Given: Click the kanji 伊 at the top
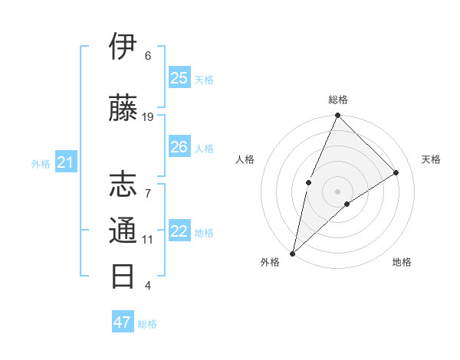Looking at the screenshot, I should [123, 47].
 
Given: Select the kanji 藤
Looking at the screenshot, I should [123, 108].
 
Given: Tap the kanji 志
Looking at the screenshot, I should [123, 185].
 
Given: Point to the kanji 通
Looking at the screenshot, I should [123, 231].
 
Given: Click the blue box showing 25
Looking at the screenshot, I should [179, 78].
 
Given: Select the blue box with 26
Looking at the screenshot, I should [179, 147].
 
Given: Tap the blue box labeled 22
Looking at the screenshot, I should [179, 231].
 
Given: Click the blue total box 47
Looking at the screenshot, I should [123, 322].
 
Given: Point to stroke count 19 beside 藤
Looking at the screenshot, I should [148, 116].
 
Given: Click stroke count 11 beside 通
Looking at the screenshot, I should [148, 239].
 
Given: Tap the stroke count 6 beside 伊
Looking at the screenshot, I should [148, 55].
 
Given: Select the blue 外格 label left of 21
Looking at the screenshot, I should [41, 163].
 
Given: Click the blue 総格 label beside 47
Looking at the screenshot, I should [147, 324].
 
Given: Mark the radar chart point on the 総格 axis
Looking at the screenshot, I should [337, 116].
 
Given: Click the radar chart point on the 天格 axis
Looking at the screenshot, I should [396, 173].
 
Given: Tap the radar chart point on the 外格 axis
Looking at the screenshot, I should [293, 253].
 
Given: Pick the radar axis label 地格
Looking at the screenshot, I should [402, 262].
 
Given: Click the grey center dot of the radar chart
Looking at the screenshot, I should [337, 191].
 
